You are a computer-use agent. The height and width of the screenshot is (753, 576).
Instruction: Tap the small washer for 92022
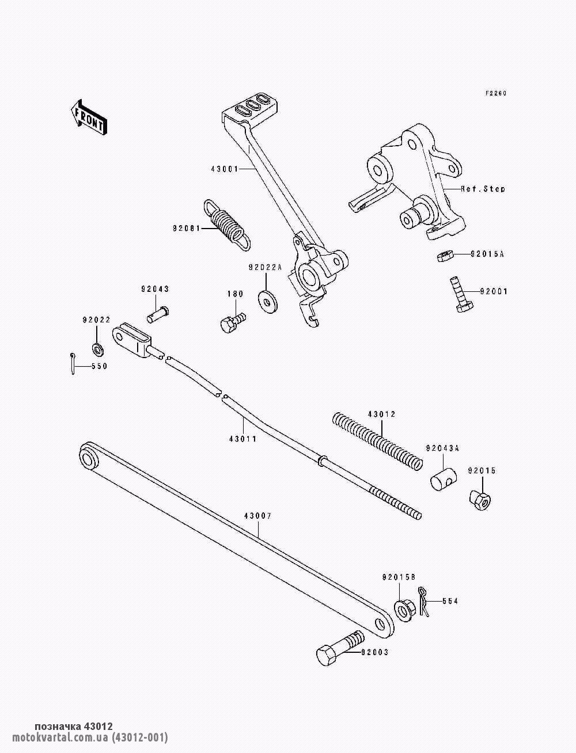97,348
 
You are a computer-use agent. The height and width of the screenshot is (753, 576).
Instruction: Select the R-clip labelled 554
425,602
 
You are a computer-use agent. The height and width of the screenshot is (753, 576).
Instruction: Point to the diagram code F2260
495,93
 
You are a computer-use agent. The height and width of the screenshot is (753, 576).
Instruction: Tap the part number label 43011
244,438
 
